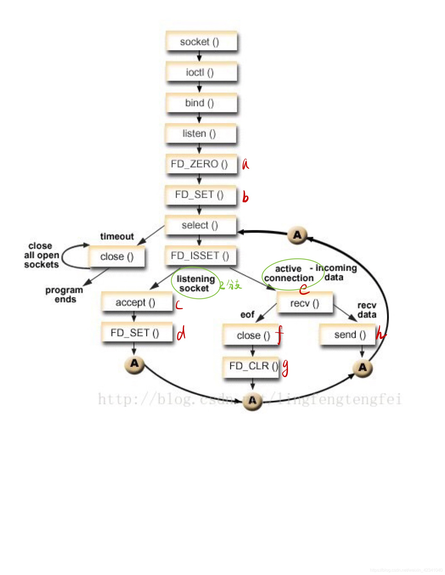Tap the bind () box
[201, 103]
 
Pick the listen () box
[200, 133]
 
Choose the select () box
[200, 225]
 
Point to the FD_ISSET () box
[200, 256]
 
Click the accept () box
[136, 302]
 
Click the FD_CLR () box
[251, 366]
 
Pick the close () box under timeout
[117, 257]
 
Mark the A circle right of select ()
[297, 235]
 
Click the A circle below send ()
[362, 368]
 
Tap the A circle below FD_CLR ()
[252, 400]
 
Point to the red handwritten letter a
[245, 164]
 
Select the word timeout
[117, 237]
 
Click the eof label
[247, 315]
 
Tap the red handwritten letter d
[181, 334]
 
